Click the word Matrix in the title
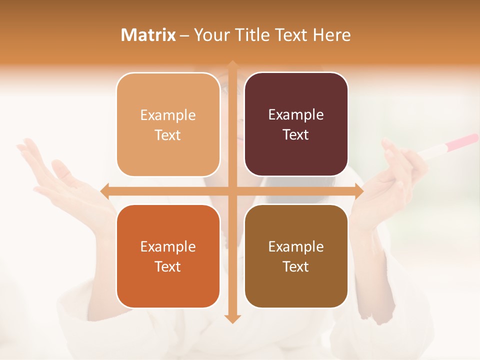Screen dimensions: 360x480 coord(148,35)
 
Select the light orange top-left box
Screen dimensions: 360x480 coord(168,124)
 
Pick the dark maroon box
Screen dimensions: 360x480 coord(296,124)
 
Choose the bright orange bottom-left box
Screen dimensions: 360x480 coord(168,256)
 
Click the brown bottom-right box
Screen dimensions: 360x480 coord(296,256)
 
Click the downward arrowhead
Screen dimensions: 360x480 coord(232,318)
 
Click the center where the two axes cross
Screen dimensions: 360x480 coord(232,190)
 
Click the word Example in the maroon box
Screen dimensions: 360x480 coord(296,114)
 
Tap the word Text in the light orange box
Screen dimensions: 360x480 coord(168,135)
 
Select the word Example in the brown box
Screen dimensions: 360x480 coord(296,246)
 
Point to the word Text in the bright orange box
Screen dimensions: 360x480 coord(168,266)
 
